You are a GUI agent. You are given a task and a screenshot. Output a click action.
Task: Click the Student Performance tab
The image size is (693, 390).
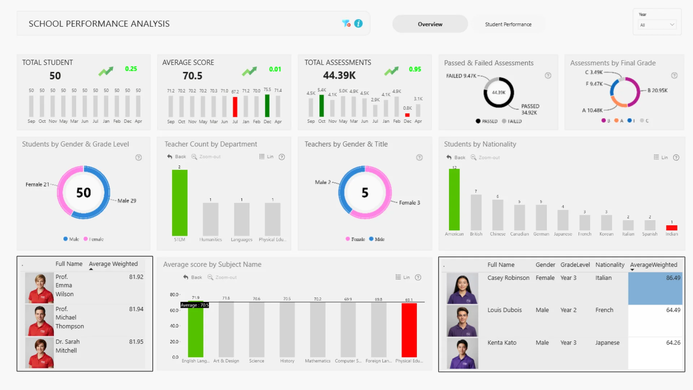[x=508, y=24]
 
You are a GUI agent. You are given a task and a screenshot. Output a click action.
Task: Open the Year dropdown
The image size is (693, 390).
[x=657, y=25]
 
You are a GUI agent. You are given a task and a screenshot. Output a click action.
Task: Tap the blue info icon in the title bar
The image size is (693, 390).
[x=358, y=23]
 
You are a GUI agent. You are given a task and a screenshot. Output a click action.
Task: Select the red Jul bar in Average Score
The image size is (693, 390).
[x=235, y=107]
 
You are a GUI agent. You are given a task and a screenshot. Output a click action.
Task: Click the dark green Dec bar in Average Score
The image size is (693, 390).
[x=267, y=105]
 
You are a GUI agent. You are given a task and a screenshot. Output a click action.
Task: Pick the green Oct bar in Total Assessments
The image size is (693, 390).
[x=322, y=105]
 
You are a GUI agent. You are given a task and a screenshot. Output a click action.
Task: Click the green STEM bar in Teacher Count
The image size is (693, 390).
[x=179, y=203]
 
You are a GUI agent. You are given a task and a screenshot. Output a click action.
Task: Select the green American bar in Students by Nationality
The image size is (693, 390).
[x=454, y=199]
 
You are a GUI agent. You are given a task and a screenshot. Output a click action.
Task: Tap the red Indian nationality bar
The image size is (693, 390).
[x=671, y=228]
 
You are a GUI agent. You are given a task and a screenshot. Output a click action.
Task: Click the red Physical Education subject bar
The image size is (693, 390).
[x=409, y=330]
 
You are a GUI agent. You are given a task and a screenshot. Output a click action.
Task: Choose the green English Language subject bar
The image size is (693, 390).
[x=195, y=329]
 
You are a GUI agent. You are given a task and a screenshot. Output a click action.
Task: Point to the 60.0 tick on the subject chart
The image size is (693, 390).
[x=174, y=310]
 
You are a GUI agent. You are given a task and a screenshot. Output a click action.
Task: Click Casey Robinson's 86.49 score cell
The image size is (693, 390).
[x=655, y=288]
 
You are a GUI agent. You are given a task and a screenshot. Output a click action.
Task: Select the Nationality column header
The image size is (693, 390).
[x=610, y=265]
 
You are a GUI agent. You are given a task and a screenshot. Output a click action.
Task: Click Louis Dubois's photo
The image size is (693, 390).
[x=462, y=321]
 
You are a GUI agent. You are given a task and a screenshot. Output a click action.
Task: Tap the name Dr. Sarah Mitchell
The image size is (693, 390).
[x=67, y=346]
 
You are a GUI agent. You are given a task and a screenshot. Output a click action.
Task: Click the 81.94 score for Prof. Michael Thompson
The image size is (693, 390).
[x=136, y=309]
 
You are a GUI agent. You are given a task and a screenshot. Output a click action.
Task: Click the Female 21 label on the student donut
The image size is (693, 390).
[x=37, y=185]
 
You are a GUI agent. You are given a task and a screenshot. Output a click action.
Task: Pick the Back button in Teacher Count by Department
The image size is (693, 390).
[x=176, y=157]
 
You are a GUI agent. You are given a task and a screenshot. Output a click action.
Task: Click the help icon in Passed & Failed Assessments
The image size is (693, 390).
[x=548, y=75]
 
